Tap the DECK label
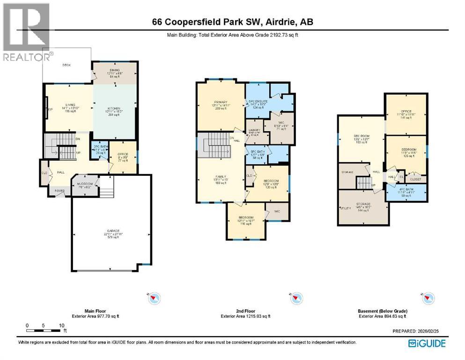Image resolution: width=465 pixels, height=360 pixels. coord(66,65)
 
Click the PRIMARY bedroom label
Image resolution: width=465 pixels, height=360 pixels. coord(221,102)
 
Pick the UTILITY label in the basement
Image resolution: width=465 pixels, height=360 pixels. coord(346,207)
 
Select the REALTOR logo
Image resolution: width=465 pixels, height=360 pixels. coord(25,33)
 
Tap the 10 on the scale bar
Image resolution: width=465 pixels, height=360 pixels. coord(61,325)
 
